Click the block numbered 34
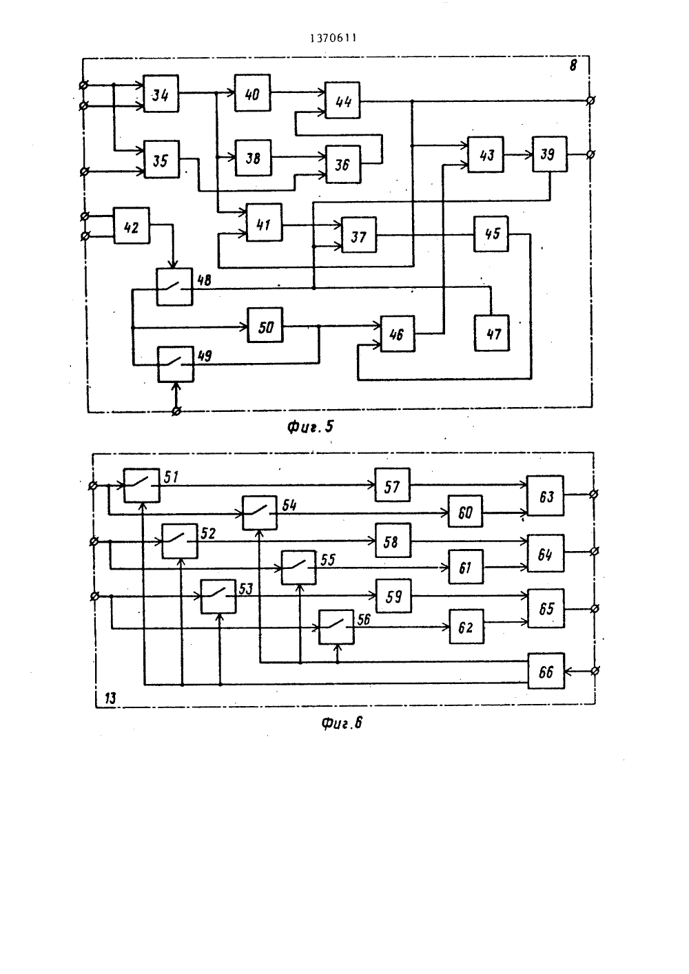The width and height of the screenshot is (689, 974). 161,94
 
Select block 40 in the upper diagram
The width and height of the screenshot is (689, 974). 252,92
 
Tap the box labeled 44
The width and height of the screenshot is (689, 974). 342,100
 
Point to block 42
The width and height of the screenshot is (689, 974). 132,225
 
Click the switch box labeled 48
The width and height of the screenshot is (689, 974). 174,287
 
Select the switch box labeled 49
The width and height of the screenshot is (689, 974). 176,364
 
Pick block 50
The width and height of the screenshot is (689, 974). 265,325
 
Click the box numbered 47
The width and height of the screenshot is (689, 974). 492,333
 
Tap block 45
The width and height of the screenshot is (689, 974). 491,234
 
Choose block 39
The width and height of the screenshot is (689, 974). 550,154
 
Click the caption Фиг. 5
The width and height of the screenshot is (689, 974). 310,427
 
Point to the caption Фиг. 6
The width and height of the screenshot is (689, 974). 342,723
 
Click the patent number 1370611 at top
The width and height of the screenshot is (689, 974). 333,39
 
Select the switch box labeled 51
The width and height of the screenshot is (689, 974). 142,485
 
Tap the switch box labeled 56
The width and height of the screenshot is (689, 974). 336,627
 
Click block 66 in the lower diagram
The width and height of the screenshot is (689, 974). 546,670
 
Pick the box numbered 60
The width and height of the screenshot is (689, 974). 466,511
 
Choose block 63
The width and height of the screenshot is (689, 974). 546,496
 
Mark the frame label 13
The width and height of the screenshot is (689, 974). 110,698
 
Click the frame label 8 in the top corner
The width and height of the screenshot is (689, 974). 573,65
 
